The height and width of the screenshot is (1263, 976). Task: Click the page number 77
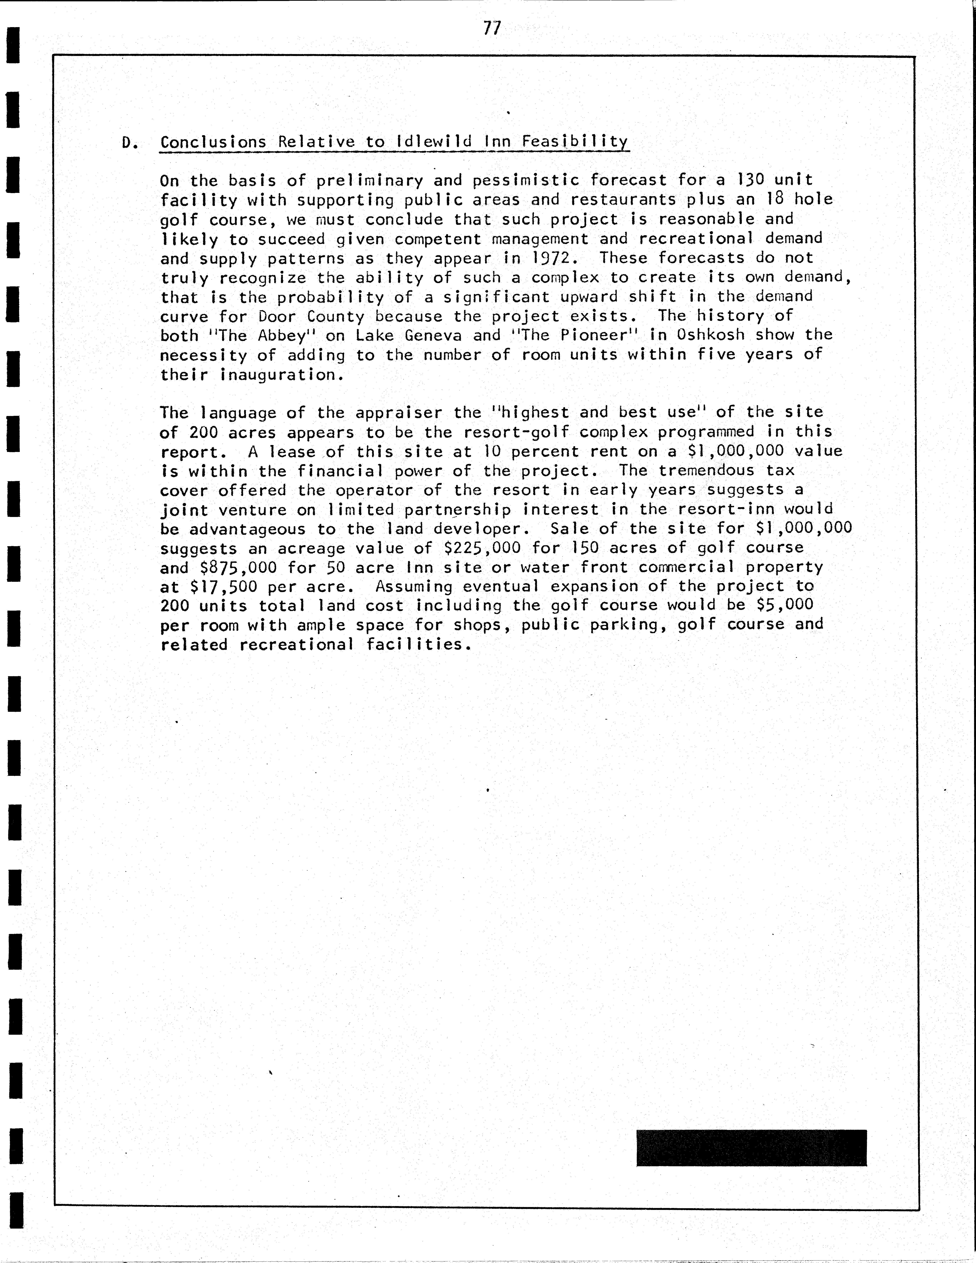pyautogui.click(x=492, y=28)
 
